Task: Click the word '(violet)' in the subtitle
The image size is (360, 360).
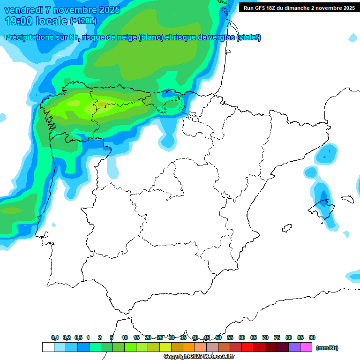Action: [248, 37]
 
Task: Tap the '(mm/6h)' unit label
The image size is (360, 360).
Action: [327, 348]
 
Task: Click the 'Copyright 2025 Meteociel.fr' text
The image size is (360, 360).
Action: [199, 357]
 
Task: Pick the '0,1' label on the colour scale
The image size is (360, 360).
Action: [55, 337]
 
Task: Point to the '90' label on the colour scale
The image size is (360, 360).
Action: [312, 337]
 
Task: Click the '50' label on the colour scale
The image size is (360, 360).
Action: [218, 337]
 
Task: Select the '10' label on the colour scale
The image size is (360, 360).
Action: [125, 337]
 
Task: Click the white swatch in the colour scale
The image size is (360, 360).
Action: [48, 347]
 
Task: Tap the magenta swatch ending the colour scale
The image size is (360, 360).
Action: [306, 347]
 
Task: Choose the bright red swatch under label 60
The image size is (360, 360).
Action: [247, 347]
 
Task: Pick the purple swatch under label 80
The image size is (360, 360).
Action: [294, 347]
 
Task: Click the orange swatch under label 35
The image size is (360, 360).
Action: [189, 347]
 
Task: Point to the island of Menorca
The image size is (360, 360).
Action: [347, 198]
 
